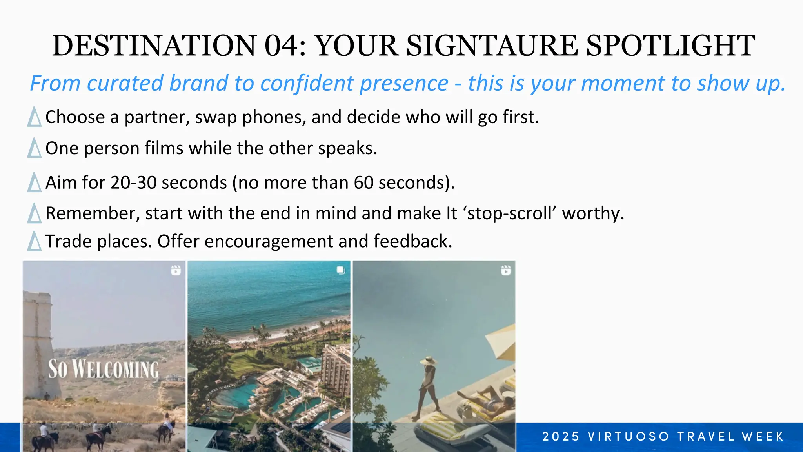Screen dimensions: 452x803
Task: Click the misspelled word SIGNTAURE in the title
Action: (492, 46)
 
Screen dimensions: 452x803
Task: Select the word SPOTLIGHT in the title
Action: (670, 46)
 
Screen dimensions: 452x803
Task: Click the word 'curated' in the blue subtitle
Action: (125, 83)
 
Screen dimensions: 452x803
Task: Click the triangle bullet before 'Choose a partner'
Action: (35, 117)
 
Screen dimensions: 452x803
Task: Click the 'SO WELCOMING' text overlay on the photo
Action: (103, 370)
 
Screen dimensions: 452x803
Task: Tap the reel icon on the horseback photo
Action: (176, 270)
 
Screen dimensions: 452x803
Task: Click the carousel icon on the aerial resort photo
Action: (341, 270)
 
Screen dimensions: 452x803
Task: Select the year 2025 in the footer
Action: (561, 437)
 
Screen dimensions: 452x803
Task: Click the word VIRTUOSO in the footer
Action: (629, 437)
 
